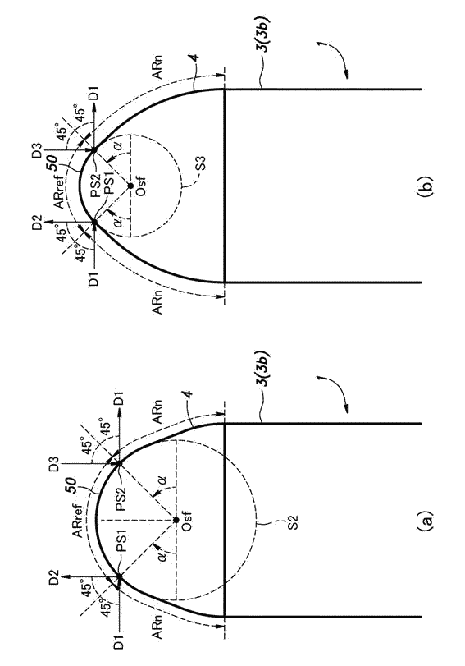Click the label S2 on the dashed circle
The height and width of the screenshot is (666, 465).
294,521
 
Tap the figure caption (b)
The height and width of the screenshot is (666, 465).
426,186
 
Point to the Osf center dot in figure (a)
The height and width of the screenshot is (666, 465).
176,520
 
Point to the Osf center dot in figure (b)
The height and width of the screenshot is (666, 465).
130,186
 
